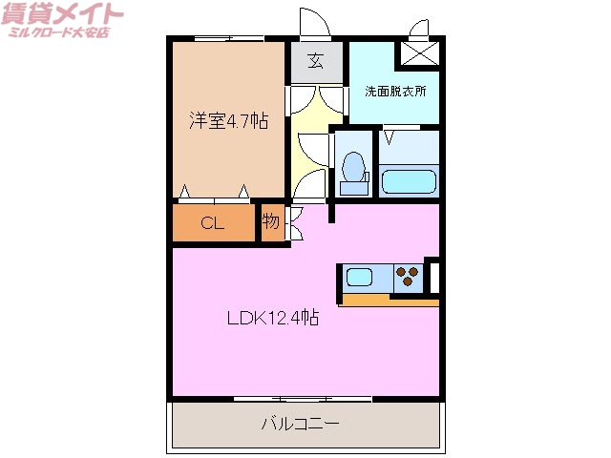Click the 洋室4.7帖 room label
click(x=227, y=121)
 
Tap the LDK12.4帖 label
click(x=272, y=320)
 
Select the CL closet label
click(x=213, y=224)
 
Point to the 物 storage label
click(x=271, y=223)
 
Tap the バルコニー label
click(x=301, y=423)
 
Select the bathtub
click(x=409, y=180)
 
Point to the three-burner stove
click(x=408, y=277)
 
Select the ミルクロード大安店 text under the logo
click(x=59, y=33)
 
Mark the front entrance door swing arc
click(x=311, y=21)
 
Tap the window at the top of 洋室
click(x=229, y=38)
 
